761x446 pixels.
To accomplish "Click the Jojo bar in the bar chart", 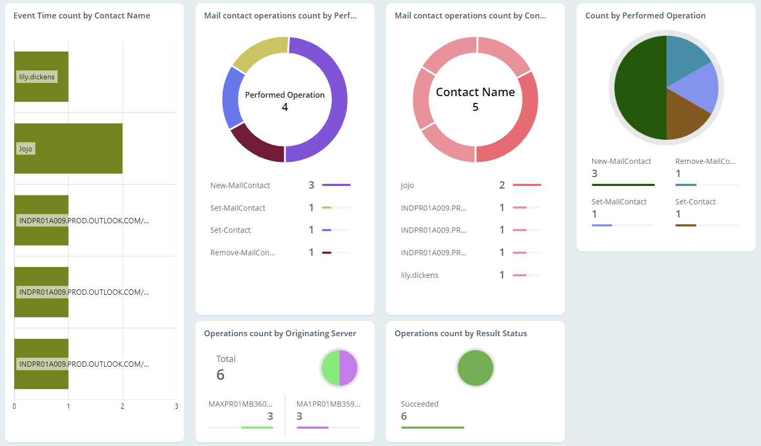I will click(68, 149).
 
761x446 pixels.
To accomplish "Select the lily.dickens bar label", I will click(37, 77).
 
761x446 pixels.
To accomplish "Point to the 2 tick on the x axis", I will click(122, 406).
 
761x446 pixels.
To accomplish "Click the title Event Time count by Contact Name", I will click(82, 16).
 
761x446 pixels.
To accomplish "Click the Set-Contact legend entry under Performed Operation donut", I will click(231, 230).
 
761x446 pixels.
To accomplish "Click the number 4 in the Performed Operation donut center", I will click(285, 107).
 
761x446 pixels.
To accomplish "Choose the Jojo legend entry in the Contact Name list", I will click(407, 185).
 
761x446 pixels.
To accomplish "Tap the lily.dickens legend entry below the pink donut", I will click(419, 275).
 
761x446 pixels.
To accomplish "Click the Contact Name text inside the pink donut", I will click(475, 92).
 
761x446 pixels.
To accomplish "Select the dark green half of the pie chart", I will click(638, 88).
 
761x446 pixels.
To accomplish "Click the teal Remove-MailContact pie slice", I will click(685, 58).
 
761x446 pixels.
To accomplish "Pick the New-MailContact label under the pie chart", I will click(621, 161).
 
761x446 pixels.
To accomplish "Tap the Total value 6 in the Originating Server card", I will click(221, 375).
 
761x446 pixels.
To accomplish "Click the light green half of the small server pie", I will click(330, 368).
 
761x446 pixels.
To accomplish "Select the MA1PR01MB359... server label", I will click(328, 404).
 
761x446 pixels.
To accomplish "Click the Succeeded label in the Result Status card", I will click(419, 404).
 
